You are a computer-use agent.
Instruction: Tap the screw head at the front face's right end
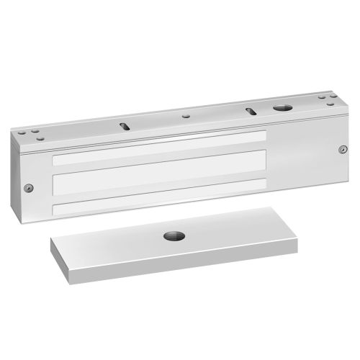(341, 150)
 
